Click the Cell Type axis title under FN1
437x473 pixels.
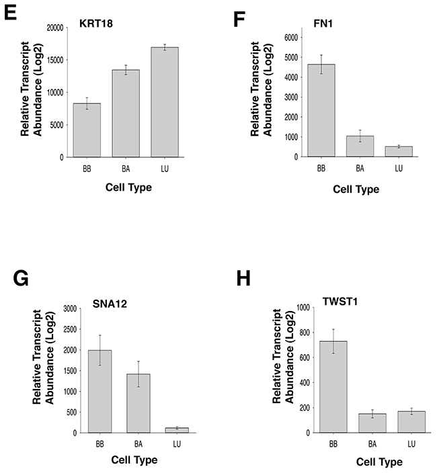(357, 189)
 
